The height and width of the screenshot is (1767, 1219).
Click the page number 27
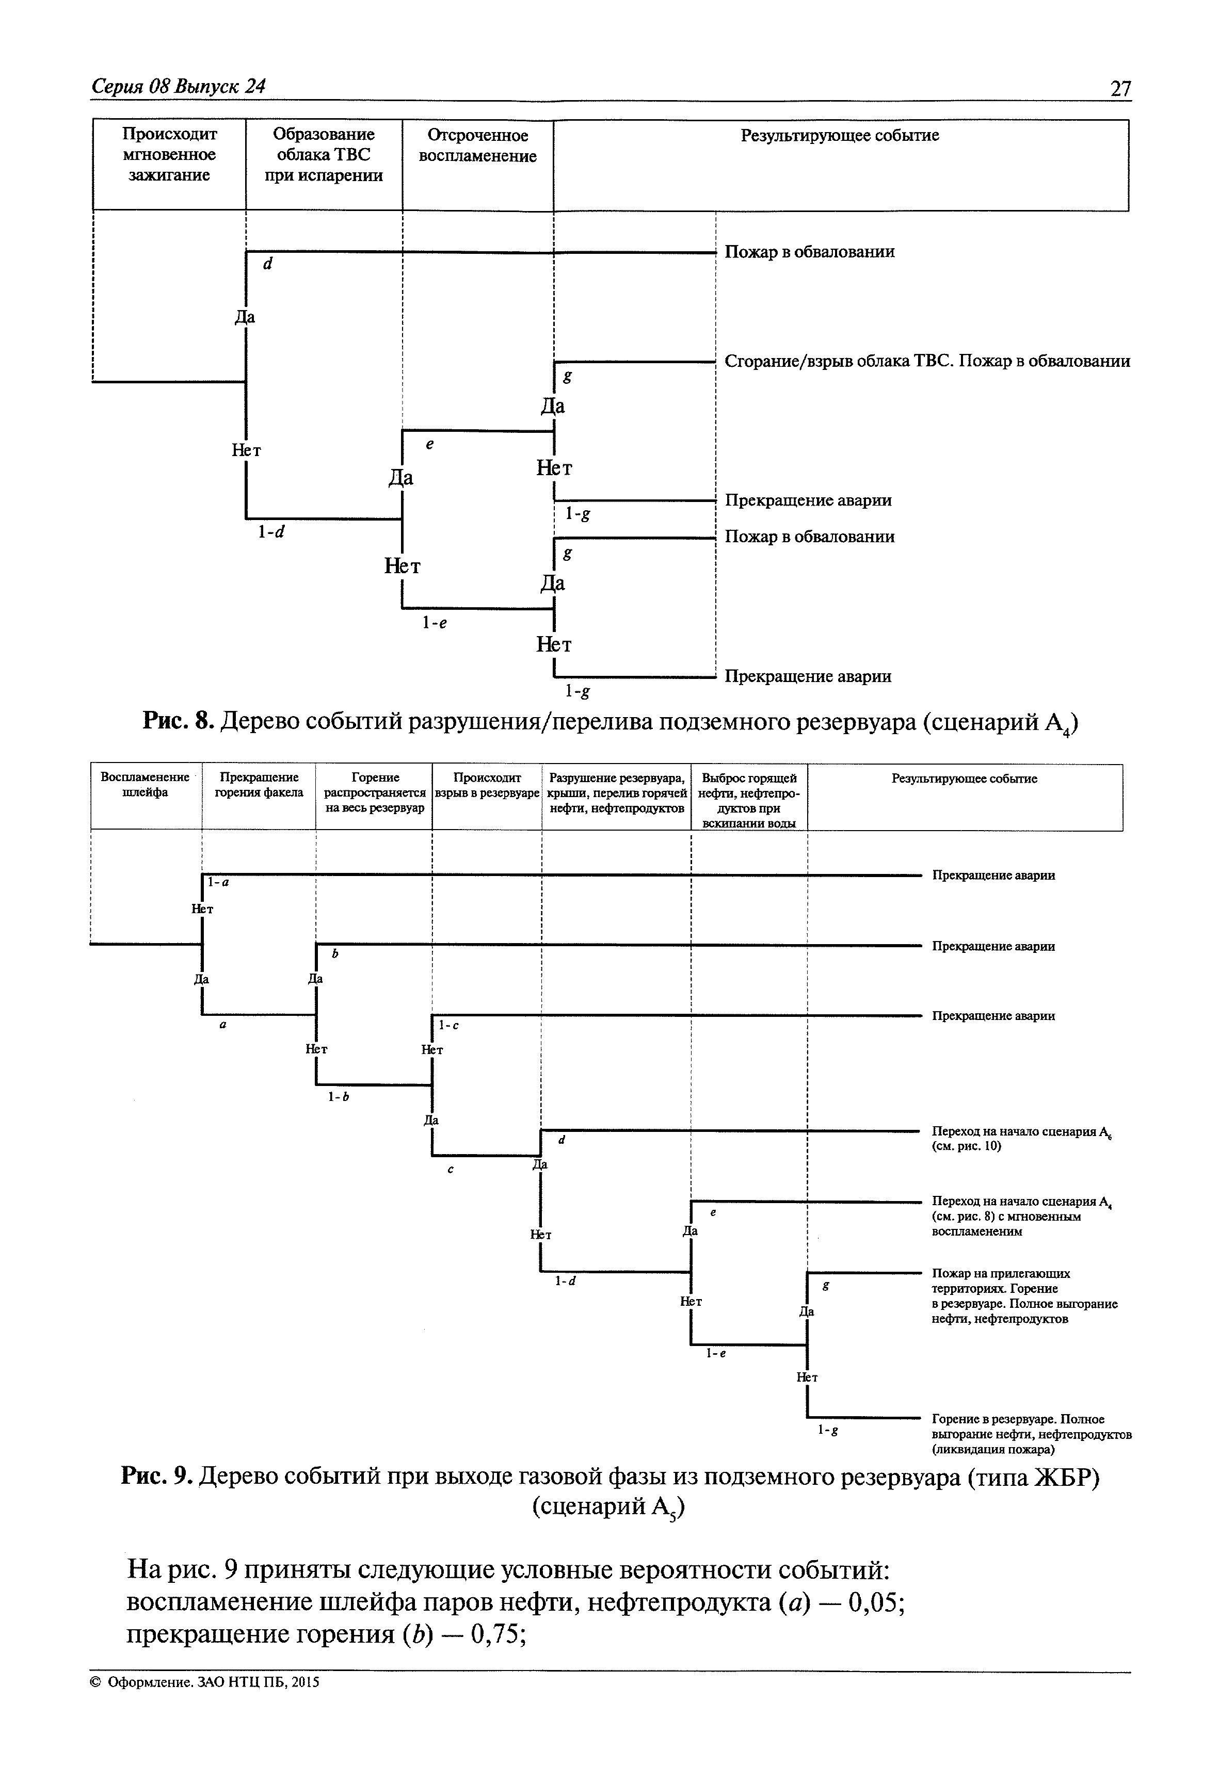point(1120,89)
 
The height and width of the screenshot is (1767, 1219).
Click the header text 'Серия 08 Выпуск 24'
point(178,86)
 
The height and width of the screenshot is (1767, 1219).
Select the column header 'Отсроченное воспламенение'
point(477,146)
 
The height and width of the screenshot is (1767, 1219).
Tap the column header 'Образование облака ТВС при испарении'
point(324,155)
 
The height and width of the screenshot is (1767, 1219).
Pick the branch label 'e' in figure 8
point(430,444)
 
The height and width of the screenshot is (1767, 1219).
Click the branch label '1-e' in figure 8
point(434,623)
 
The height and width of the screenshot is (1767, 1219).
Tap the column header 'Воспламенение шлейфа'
point(145,784)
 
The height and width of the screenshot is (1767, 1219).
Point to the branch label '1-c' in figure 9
point(449,1026)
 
